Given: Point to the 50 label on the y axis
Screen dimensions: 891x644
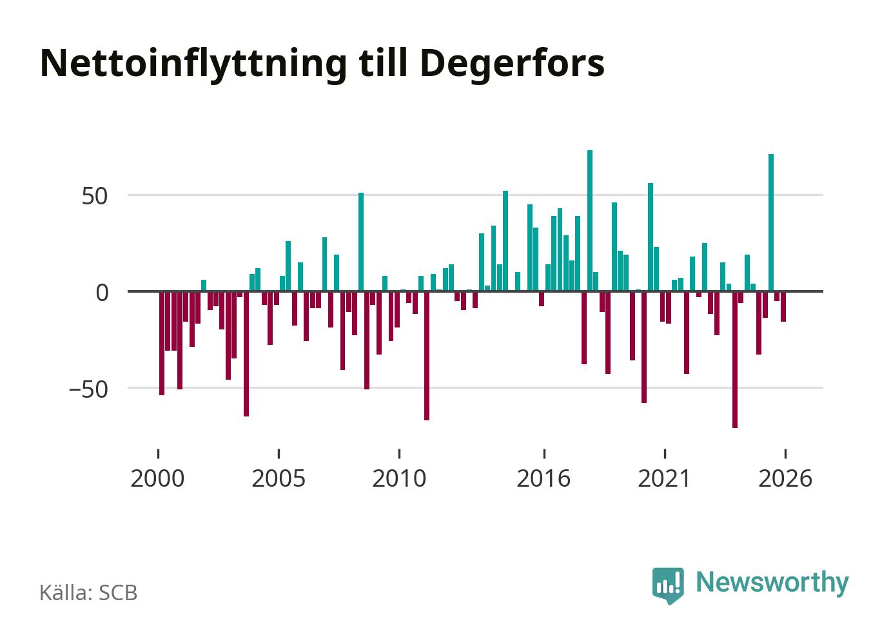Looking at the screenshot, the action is pos(95,196).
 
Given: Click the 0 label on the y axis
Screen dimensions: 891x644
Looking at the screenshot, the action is pos(103,293).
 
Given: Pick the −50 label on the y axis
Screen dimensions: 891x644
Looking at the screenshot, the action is pos(88,389).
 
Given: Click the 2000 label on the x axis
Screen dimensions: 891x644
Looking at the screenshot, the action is pos(158,478).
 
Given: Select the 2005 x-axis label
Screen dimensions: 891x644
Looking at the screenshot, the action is pos(279,478).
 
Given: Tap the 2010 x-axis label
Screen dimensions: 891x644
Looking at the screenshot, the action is pos(399,478).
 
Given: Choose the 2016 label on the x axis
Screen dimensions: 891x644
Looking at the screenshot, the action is pos(543,478).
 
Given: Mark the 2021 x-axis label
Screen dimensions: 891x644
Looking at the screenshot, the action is pos(664,478).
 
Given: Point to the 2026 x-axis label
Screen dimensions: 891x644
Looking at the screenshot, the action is pos(785,478).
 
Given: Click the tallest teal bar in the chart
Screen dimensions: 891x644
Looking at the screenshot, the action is pos(590,220).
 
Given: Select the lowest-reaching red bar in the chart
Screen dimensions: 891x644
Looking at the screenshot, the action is pos(735,360).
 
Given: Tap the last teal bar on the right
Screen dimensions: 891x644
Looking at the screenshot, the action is pos(771,223).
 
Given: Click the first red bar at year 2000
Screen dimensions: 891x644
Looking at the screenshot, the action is pos(161,344).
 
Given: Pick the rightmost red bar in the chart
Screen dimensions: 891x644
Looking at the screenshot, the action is pos(783,307).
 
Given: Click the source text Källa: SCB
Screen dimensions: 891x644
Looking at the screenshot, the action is pos(88,592).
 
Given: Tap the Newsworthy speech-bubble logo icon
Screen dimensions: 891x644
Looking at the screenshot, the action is pos(668,586).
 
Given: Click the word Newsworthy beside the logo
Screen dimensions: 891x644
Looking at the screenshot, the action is pos(772,583).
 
